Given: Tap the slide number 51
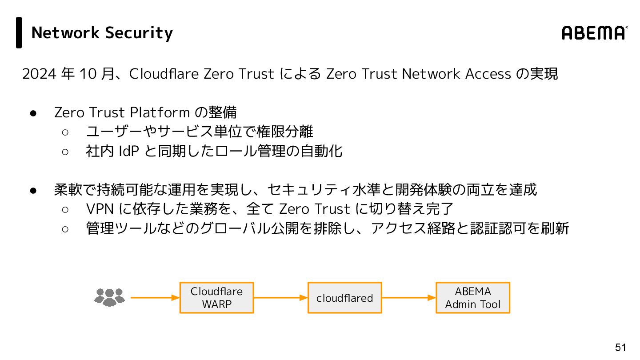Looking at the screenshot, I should tap(620, 348).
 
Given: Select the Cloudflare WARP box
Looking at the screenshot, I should tap(216, 298).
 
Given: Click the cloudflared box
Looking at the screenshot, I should tap(344, 298).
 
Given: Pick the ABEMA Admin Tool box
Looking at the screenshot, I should tap(472, 298).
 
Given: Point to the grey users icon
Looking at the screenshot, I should tap(109, 297).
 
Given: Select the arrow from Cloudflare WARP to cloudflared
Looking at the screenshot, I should tap(280, 298).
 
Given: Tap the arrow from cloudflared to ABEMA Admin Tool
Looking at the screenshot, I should tap(408, 298).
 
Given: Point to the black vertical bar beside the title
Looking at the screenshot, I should tap(19, 32).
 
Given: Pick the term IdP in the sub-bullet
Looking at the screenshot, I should tap(129, 151).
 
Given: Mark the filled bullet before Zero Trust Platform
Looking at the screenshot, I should tap(33, 113).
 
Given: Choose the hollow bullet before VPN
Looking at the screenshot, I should tap(65, 209).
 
